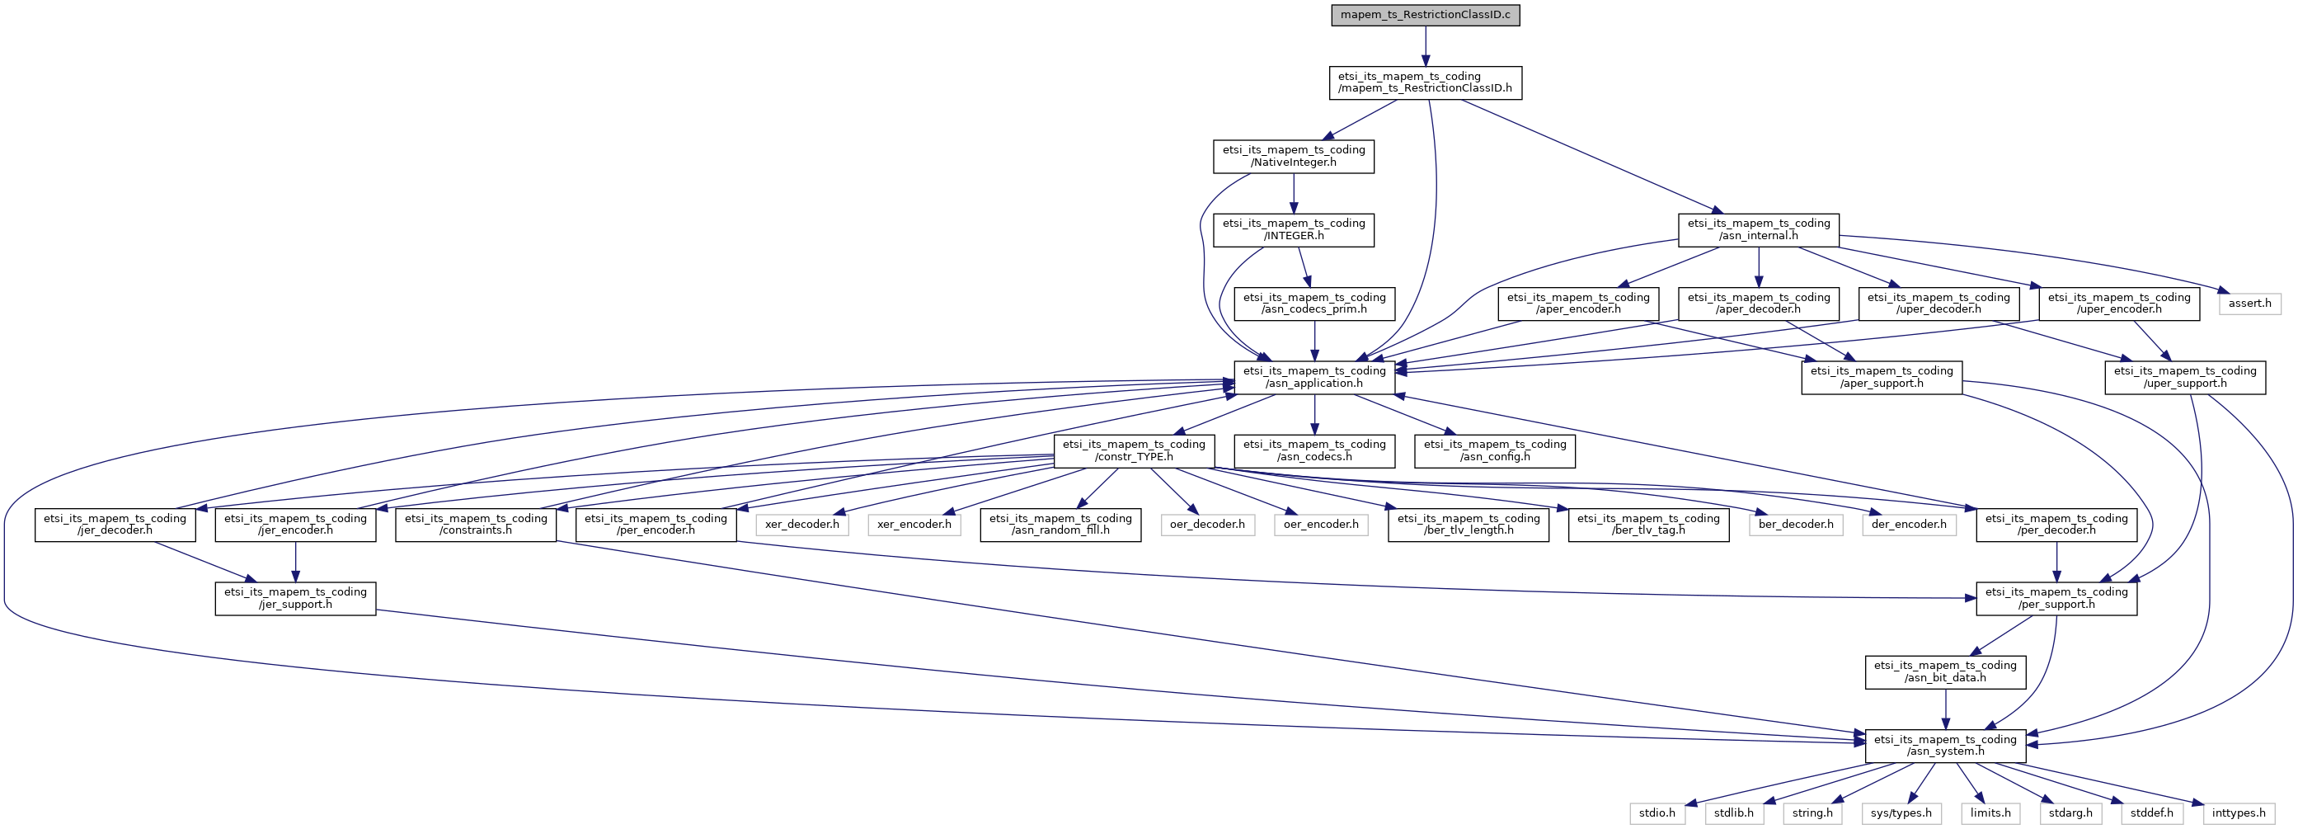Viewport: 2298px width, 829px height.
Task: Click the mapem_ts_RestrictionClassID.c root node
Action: coord(1425,15)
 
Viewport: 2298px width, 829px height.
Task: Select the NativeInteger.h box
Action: coord(1293,156)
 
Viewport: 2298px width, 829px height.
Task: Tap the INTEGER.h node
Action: coord(1293,230)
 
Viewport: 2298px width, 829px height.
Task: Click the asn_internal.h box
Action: coord(1757,230)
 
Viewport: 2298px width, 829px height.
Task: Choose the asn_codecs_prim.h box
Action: coord(1314,304)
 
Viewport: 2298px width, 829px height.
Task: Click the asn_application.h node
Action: coord(1314,378)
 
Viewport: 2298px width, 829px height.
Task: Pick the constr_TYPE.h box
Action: coord(1133,450)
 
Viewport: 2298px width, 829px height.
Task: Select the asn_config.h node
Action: coord(1494,450)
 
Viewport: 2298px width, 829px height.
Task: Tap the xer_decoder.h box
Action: coord(801,525)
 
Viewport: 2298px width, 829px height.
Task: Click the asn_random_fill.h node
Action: coord(1060,525)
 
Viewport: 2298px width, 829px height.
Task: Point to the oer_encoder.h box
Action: coord(1320,525)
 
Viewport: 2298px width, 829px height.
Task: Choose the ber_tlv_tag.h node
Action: coord(1647,525)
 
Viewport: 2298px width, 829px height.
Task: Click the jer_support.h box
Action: coord(295,598)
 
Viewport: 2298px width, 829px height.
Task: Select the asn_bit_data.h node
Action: coord(1945,672)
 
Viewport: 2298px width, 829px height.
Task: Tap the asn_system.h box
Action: coord(1945,746)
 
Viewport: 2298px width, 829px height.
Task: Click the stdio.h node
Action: coord(1657,813)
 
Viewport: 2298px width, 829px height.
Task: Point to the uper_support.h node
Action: coord(2185,378)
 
